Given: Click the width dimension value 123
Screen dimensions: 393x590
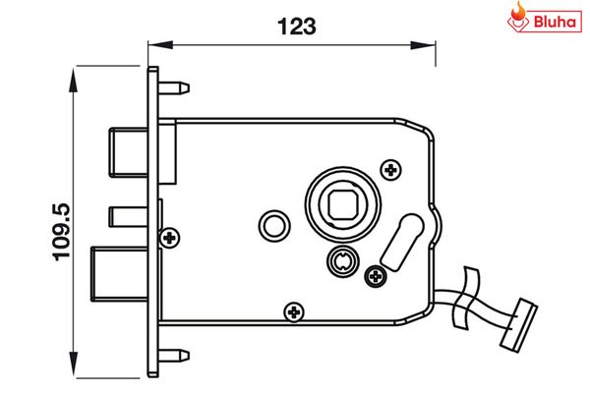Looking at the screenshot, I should [295, 27].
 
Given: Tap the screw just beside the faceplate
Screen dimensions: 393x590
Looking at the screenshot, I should [170, 238].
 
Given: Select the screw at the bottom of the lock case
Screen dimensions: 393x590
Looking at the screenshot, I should [292, 312].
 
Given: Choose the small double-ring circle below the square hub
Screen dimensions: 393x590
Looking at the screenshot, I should [340, 261].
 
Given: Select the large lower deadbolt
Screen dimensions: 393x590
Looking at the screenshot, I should [118, 272].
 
